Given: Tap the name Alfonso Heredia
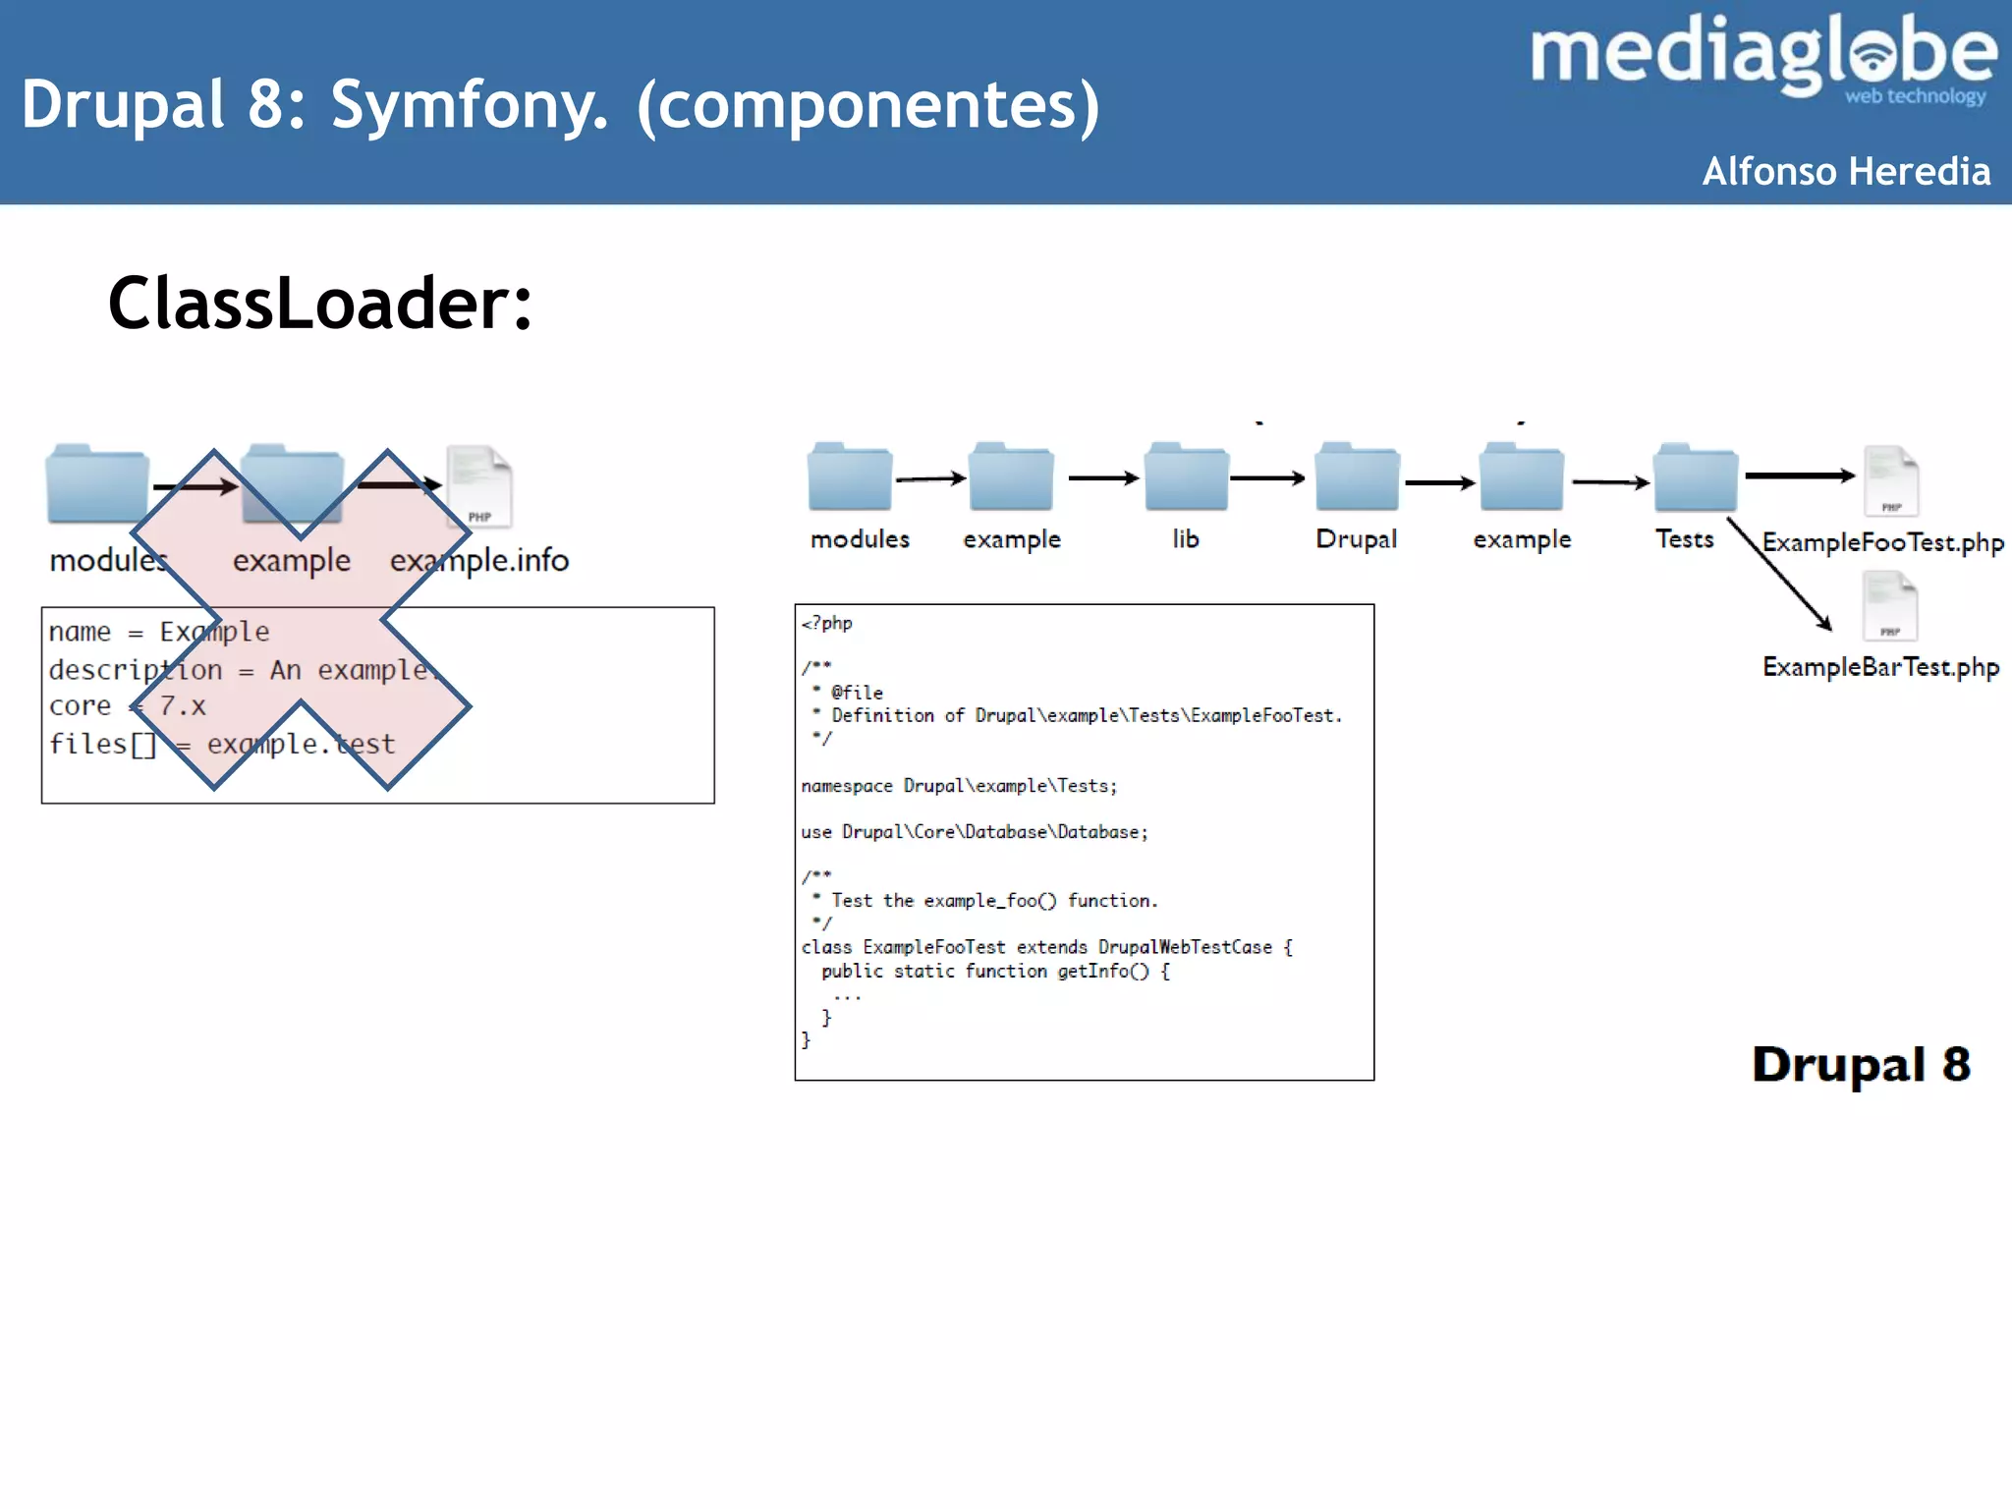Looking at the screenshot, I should point(1846,172).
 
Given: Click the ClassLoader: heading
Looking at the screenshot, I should point(319,304).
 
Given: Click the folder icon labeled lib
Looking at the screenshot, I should point(1186,477).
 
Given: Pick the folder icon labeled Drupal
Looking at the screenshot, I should point(1357,477).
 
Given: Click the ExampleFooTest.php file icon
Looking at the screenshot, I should point(1891,480).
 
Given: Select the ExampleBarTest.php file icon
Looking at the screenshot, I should point(1889,605).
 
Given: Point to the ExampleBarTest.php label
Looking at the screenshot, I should point(1880,667).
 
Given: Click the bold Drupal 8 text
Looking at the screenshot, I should point(1861,1064).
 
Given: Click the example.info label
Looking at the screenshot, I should point(479,560).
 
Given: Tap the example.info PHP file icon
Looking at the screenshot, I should point(479,487).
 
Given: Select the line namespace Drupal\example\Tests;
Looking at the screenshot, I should point(959,786).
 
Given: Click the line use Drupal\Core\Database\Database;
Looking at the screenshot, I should point(974,832).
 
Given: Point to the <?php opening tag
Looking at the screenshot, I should point(827,623).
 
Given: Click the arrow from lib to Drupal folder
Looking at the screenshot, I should point(1266,478).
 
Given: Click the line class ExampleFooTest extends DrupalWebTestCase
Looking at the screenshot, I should point(1045,947).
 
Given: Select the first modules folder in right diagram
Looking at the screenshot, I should point(850,477).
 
